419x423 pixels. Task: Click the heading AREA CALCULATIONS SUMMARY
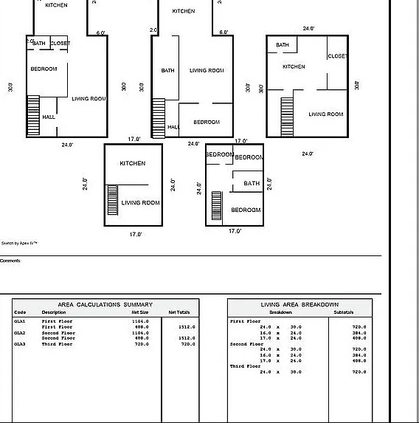point(105,304)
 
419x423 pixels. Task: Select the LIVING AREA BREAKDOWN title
point(299,304)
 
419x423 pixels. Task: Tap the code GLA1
point(20,321)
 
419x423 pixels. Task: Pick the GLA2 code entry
point(20,333)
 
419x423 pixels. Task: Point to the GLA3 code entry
point(20,344)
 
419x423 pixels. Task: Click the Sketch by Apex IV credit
point(19,242)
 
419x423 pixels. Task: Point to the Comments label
point(10,261)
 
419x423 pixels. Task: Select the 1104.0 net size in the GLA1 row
point(139,321)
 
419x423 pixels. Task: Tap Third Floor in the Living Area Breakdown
point(246,366)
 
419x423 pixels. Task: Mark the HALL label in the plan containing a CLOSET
point(49,117)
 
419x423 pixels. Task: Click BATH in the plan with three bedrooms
point(252,184)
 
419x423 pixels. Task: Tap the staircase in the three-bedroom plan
point(217,205)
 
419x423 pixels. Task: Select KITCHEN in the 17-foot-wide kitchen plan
point(133,163)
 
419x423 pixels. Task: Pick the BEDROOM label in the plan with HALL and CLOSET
point(44,69)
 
